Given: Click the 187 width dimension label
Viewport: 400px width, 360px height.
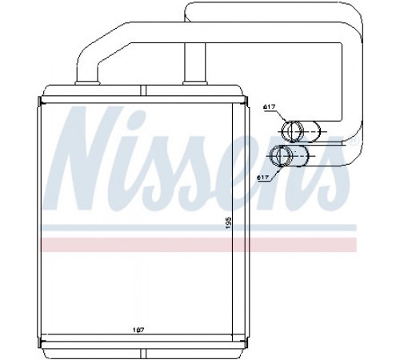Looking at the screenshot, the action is point(138,330).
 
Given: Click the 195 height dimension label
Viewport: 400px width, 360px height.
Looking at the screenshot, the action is point(229,223).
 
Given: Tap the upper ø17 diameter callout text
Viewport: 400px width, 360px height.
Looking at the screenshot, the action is point(270,107).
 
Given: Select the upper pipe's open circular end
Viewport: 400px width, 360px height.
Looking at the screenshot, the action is point(293,131).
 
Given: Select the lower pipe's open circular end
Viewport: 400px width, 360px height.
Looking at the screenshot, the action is point(281,155).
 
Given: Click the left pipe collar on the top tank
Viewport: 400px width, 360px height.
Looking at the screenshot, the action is point(88,83).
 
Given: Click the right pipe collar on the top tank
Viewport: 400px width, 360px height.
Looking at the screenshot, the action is point(195,83).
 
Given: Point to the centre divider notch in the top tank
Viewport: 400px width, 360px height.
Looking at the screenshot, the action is point(143,90).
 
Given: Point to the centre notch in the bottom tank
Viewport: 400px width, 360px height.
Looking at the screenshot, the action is point(143,354).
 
